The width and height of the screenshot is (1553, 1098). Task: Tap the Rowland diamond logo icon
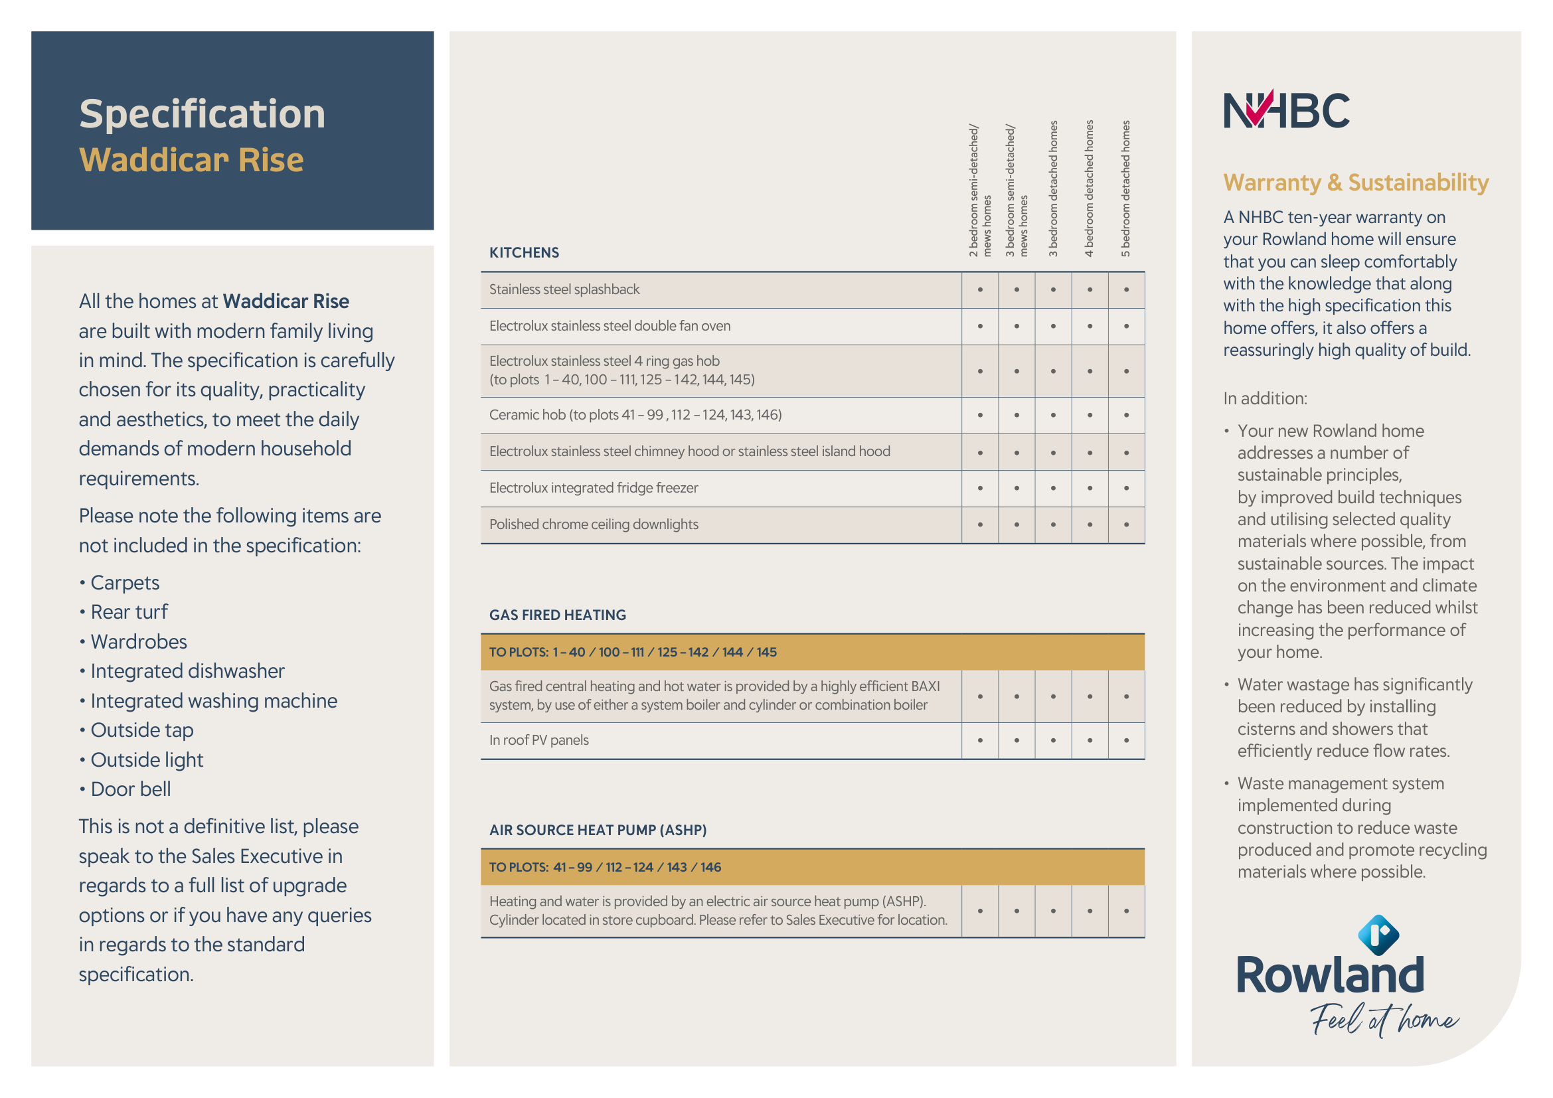[1378, 935]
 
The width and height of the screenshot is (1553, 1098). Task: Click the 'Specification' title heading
[203, 114]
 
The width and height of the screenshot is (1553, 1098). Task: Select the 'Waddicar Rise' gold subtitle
[191, 160]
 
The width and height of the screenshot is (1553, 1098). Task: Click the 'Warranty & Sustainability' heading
[1356, 183]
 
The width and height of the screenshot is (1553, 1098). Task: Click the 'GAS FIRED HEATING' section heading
[557, 615]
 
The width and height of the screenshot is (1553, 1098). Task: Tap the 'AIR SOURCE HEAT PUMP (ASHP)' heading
[598, 830]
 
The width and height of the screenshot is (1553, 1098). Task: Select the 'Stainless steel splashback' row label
[564, 290]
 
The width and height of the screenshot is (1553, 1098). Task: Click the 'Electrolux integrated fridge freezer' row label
[593, 488]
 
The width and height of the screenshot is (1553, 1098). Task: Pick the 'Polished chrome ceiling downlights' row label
[593, 524]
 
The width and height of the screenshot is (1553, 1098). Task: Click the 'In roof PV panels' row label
[538, 740]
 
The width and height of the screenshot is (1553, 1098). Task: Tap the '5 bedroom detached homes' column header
[1125, 189]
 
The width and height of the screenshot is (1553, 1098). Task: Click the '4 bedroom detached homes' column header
[1089, 189]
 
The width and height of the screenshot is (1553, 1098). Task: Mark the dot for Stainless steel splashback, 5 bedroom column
[1126, 290]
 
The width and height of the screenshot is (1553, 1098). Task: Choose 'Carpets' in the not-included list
[124, 583]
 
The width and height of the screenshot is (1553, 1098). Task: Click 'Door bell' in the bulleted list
[131, 789]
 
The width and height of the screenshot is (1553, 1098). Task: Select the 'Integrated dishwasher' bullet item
[187, 671]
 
